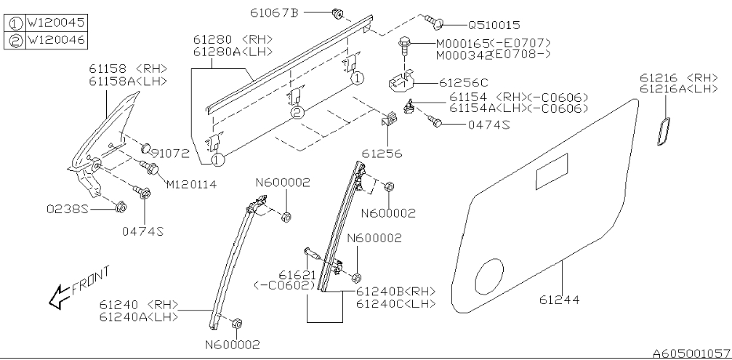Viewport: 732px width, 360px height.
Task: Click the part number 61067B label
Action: point(275,12)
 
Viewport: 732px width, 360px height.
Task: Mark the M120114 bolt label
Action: point(191,184)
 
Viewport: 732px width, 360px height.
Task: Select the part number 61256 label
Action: point(382,153)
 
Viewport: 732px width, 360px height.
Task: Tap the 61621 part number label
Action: point(296,276)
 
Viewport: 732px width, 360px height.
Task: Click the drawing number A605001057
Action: point(691,353)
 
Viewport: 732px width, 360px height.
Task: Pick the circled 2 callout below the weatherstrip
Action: point(297,113)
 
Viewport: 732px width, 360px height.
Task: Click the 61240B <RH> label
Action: point(395,292)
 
